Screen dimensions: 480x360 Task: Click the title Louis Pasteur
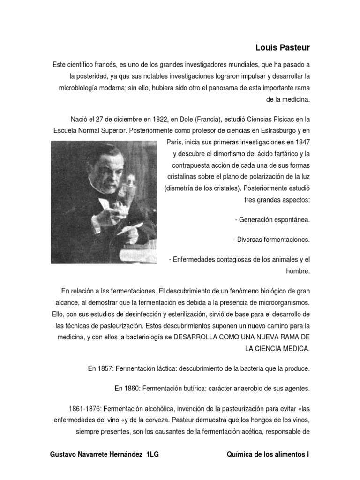pos(283,48)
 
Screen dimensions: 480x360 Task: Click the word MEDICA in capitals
pos(294,349)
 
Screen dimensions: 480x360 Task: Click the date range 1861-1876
pos(85,409)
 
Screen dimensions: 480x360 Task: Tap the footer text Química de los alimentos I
pos(268,455)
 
